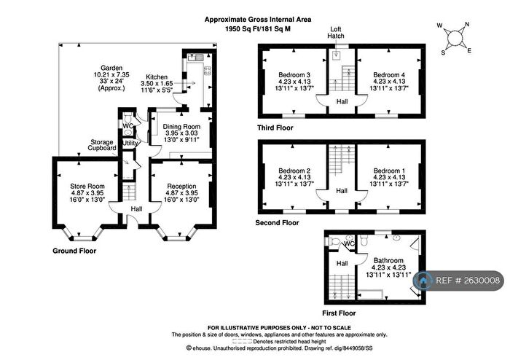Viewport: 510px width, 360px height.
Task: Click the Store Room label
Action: pos(87,187)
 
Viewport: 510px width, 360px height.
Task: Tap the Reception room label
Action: pos(181,187)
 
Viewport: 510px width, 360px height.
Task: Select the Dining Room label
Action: pos(181,127)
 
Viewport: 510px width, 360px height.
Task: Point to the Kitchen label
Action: pos(157,77)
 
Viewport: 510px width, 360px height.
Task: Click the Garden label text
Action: pos(111,68)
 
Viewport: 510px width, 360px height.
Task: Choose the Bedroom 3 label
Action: pos(294,75)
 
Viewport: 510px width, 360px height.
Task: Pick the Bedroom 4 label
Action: pos(389,75)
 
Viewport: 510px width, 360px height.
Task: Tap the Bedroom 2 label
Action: pos(294,171)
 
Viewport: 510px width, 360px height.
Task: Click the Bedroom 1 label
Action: pos(389,171)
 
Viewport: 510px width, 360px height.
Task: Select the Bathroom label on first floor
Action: pos(388,260)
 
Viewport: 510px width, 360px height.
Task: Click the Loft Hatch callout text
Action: pos(336,33)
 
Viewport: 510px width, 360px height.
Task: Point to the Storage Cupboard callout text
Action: pos(102,145)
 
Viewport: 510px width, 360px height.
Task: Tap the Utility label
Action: pos(130,143)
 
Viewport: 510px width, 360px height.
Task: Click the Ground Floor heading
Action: pos(74,251)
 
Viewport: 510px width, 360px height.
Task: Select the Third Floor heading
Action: pos(275,128)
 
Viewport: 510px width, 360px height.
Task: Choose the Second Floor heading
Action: pos(277,223)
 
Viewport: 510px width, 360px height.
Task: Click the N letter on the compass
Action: pos(468,24)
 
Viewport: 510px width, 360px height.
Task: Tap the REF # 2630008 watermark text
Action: pos(468,281)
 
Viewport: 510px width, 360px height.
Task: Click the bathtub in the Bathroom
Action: pos(370,294)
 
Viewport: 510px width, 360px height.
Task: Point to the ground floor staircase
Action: pos(129,192)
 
